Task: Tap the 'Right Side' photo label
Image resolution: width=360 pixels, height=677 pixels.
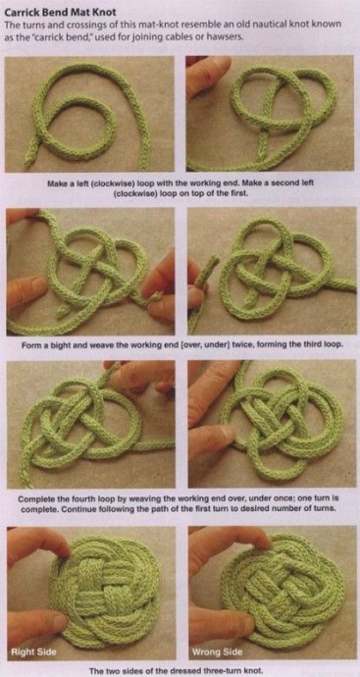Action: (x=32, y=651)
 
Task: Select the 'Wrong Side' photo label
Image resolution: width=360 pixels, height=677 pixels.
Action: (x=217, y=651)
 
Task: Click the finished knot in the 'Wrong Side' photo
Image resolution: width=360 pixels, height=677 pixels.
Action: (x=283, y=592)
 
